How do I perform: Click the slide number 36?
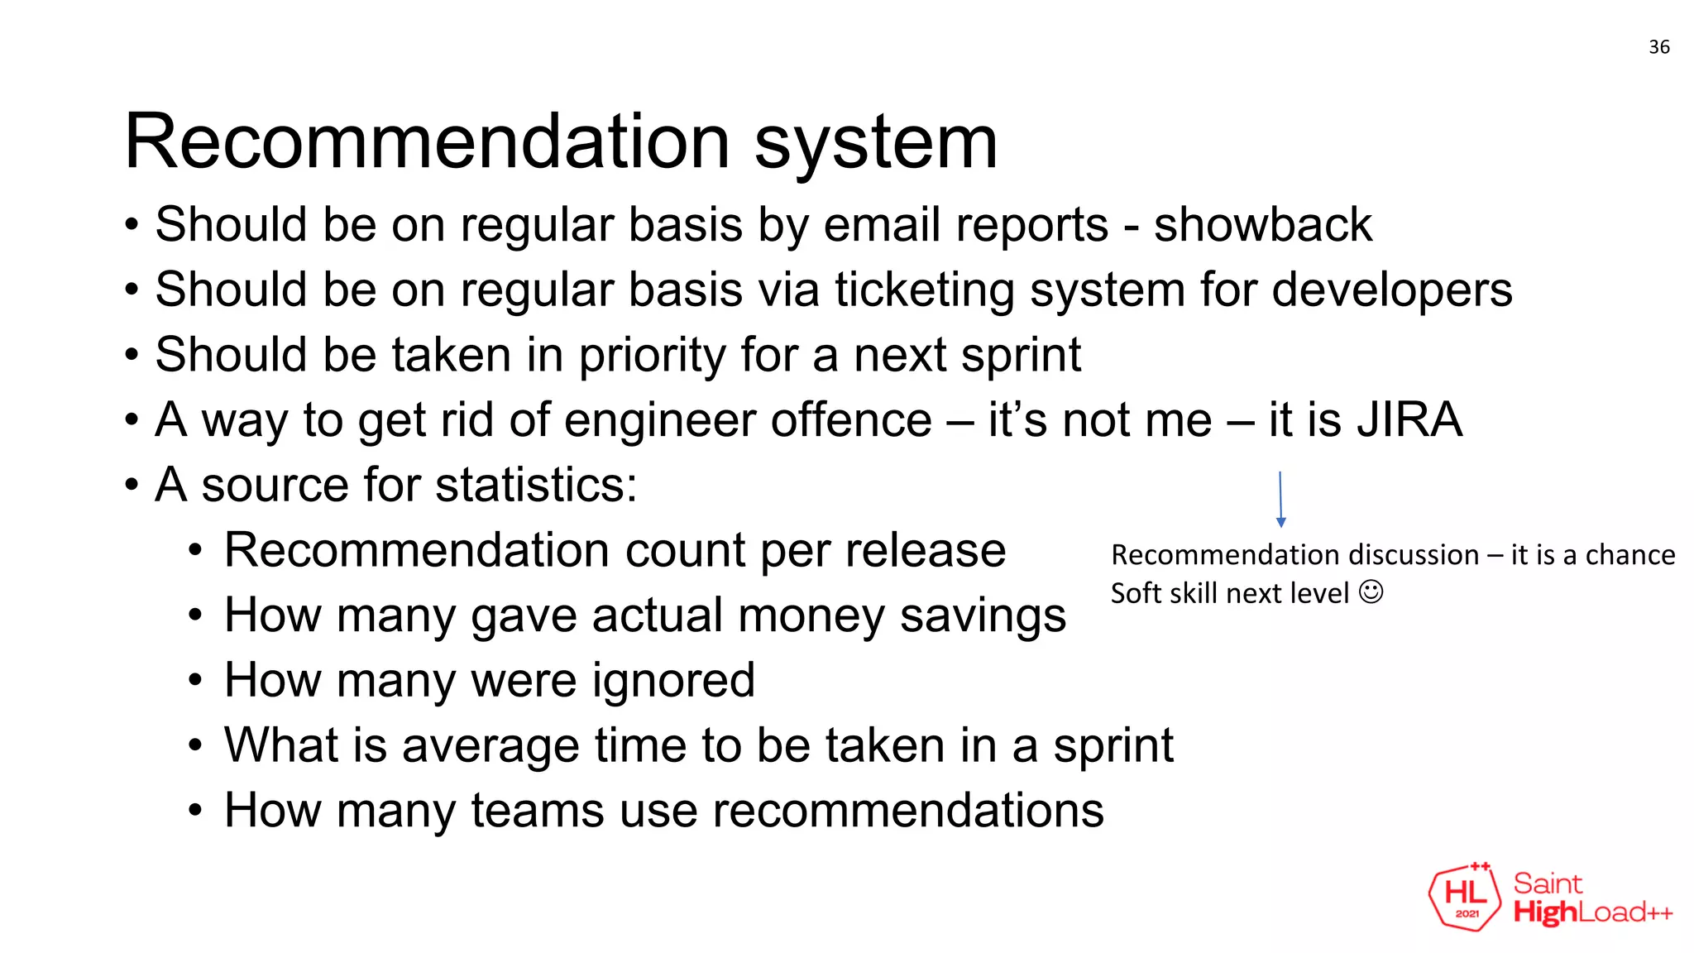1658,47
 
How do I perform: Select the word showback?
1262,224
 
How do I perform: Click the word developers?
1391,290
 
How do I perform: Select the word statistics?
535,485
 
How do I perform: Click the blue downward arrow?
1280,500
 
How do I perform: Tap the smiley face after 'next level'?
1371,592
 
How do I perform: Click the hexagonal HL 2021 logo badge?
1465,897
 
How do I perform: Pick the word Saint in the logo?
1548,884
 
